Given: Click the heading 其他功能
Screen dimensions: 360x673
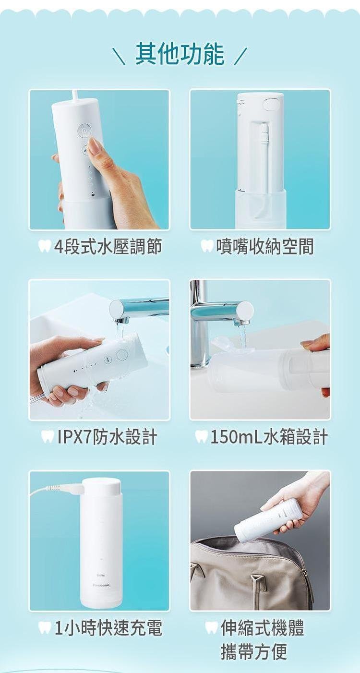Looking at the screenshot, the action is click(x=180, y=54).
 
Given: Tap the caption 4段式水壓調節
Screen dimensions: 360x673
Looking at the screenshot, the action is click(x=108, y=247).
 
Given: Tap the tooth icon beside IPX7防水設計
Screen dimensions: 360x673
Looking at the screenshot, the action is click(x=48, y=437).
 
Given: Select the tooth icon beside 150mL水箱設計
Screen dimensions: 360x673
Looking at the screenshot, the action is click(x=201, y=437).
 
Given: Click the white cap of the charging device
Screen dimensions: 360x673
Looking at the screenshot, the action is click(x=101, y=487).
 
